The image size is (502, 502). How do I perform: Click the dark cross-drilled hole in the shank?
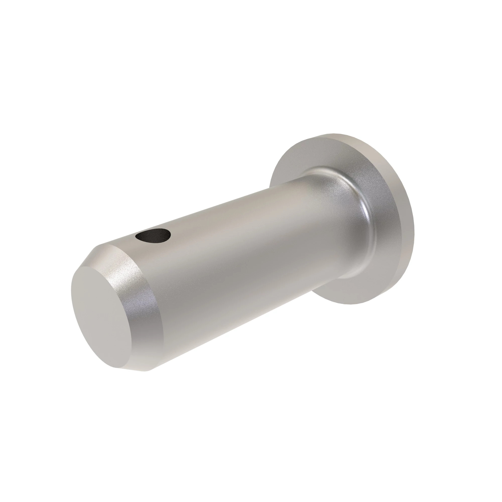[153, 235]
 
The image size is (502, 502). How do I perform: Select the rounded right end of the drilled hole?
[170, 234]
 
